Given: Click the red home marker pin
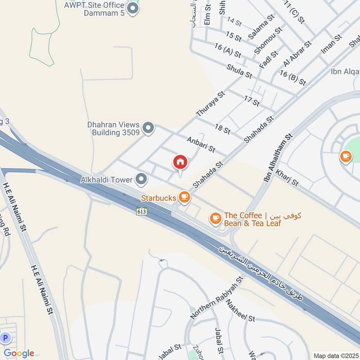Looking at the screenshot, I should click(x=180, y=162).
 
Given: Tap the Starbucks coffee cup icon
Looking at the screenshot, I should click(x=184, y=197).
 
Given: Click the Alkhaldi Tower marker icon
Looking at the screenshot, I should click(x=142, y=180).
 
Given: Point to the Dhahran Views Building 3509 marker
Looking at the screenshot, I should click(x=148, y=129).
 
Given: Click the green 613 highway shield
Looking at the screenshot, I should click(x=142, y=210).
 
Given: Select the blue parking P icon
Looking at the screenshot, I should click(x=5, y=337).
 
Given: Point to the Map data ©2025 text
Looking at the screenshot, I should click(x=335, y=355).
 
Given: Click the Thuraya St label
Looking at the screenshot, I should click(x=210, y=105).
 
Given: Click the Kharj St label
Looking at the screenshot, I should click(x=287, y=177).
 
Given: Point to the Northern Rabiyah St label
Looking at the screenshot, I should click(x=217, y=297).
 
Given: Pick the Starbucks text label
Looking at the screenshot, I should click(x=159, y=198).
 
